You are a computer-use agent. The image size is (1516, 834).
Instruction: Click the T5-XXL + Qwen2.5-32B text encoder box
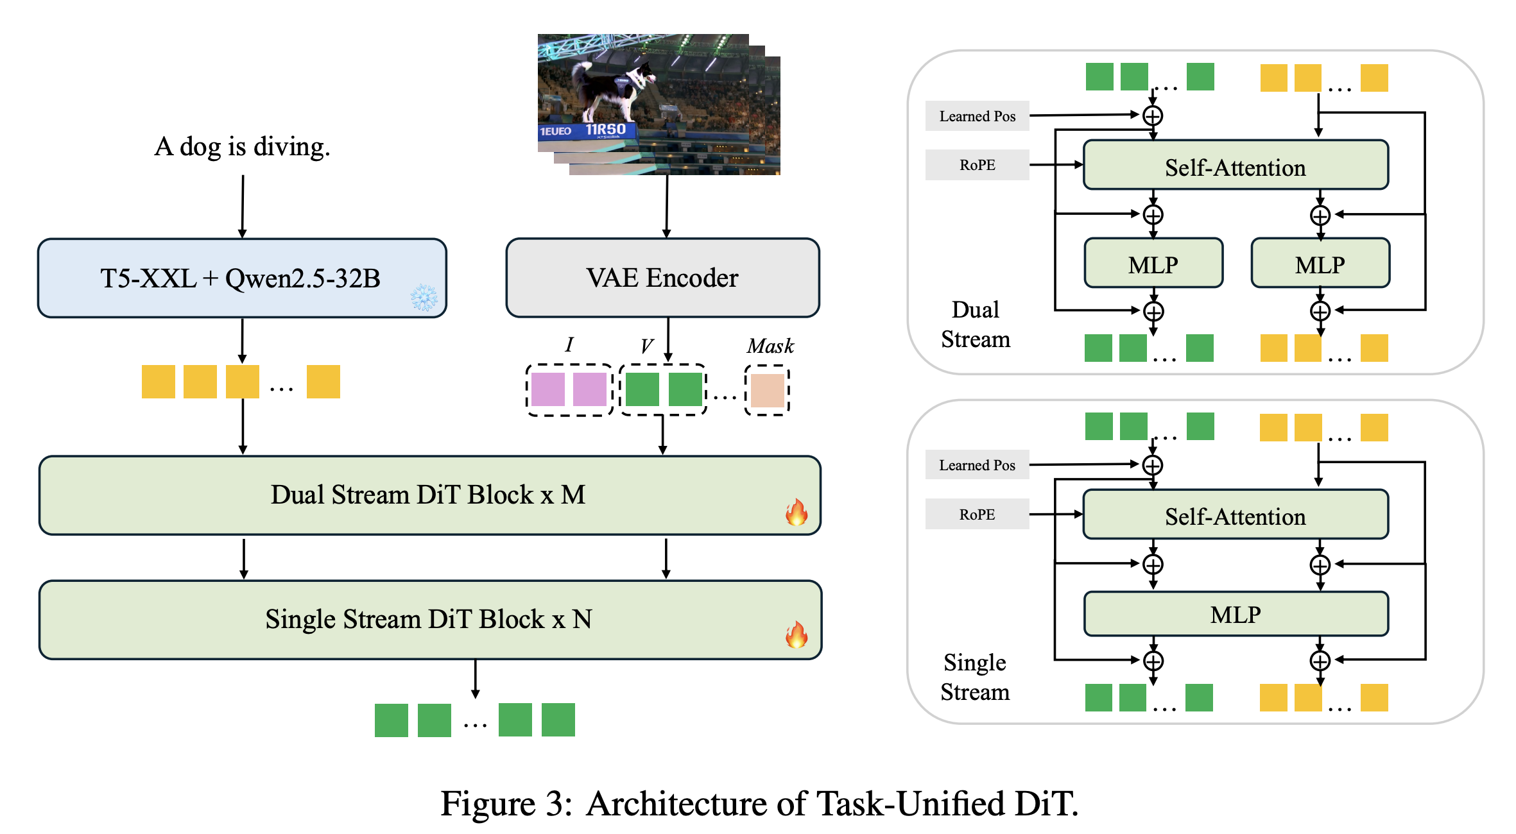pyautogui.click(x=242, y=278)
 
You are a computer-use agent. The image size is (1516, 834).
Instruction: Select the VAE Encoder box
pyautogui.click(x=662, y=278)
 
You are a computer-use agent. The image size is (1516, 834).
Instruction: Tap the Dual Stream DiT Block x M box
pyautogui.click(x=430, y=495)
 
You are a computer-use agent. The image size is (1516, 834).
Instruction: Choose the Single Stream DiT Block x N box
pyautogui.click(x=430, y=620)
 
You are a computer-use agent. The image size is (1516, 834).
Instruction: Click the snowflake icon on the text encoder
pyautogui.click(x=424, y=298)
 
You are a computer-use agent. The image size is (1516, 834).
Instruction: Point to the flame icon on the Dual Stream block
pyautogui.click(x=797, y=512)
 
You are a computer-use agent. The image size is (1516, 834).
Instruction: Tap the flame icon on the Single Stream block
pyautogui.click(x=797, y=634)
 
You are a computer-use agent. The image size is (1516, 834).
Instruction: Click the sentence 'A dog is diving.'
pyautogui.click(x=242, y=147)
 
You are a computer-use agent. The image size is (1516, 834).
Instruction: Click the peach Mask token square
pyautogui.click(x=768, y=390)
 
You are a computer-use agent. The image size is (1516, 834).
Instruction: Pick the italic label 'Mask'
pyautogui.click(x=770, y=346)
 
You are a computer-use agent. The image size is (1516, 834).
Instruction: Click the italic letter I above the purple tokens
pyautogui.click(x=569, y=345)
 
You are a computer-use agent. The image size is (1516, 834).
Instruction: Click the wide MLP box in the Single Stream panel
pyautogui.click(x=1236, y=614)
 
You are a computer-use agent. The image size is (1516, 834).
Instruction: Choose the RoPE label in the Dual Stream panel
pyautogui.click(x=978, y=165)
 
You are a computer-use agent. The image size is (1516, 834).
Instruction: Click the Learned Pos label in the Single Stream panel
pyautogui.click(x=978, y=465)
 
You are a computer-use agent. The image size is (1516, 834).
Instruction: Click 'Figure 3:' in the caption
pyautogui.click(x=506, y=803)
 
